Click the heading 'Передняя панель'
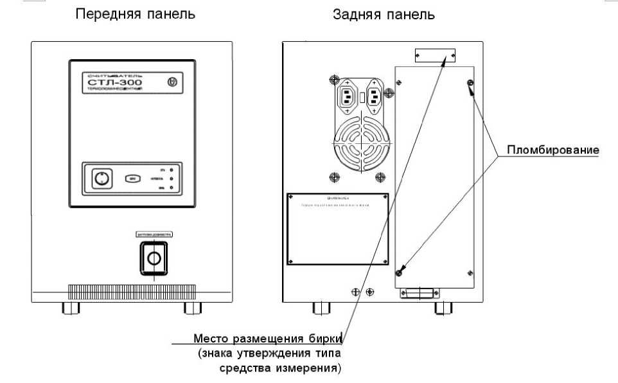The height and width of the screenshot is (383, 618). point(136,14)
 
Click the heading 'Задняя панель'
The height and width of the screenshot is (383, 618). point(384,14)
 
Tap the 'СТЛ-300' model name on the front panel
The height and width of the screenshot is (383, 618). point(116,84)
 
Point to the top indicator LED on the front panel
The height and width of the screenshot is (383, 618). point(171,169)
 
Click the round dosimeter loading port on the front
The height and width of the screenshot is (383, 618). point(154,258)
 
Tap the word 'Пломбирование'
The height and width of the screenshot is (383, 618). point(553,150)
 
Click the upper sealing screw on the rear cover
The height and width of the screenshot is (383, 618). point(470,84)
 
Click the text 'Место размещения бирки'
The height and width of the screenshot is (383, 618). point(268,339)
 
